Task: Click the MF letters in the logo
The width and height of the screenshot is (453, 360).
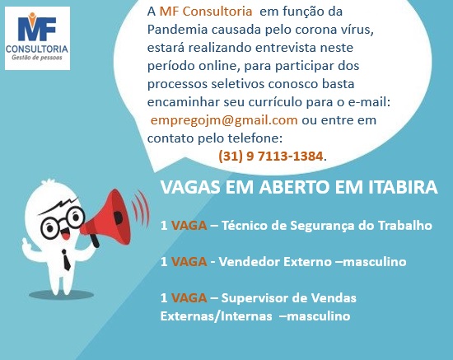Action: [x=37, y=28]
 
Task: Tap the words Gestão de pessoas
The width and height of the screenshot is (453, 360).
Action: [x=37, y=58]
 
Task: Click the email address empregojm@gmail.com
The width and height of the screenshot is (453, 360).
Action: [x=224, y=120]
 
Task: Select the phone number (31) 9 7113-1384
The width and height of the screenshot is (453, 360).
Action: [x=270, y=157]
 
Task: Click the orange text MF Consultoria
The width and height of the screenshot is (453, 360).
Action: [x=206, y=12]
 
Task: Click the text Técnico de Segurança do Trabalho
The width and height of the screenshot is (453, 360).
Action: [x=327, y=226]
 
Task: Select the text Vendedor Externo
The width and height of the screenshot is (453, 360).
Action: [x=275, y=262]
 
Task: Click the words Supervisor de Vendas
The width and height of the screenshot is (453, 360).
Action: [x=288, y=298]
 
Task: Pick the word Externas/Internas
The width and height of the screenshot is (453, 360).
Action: [x=216, y=316]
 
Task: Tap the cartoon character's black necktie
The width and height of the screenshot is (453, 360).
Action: [x=67, y=259]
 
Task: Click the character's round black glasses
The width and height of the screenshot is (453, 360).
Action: [x=63, y=222]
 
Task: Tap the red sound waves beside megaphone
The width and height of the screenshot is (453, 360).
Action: [x=141, y=209]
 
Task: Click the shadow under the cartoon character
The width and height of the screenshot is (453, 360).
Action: [x=61, y=295]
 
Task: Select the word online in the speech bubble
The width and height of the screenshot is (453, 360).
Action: [x=219, y=66]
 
